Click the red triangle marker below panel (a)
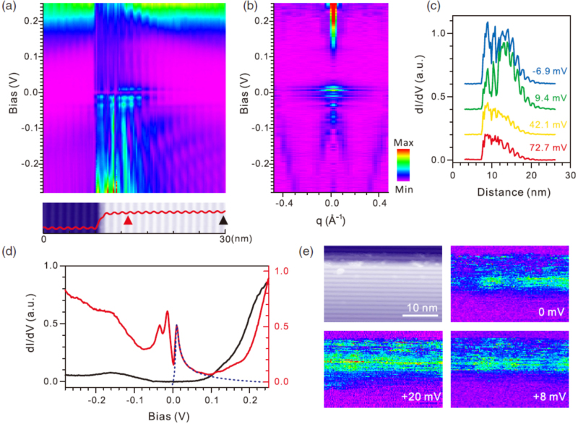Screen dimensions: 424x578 (x=128, y=220)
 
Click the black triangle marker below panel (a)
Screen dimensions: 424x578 (x=223, y=220)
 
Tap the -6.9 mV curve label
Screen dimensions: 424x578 (x=548, y=71)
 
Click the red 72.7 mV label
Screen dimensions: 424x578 (x=550, y=147)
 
